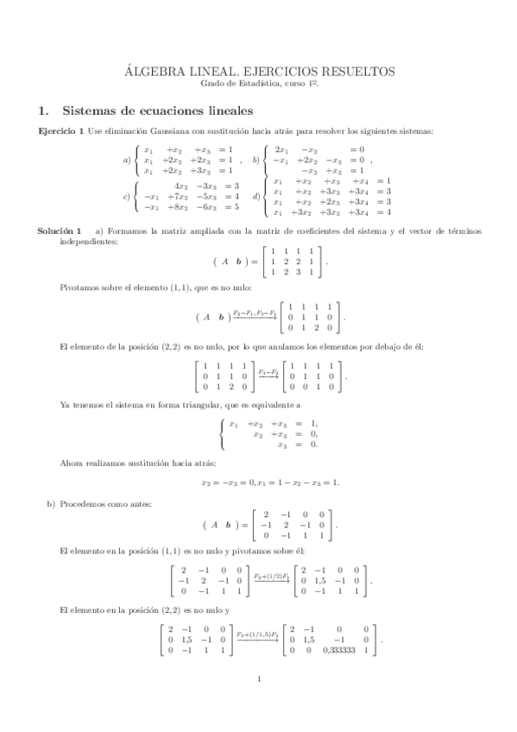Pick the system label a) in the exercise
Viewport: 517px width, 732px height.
click(x=126, y=160)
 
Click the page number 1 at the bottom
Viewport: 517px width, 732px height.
click(x=259, y=704)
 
